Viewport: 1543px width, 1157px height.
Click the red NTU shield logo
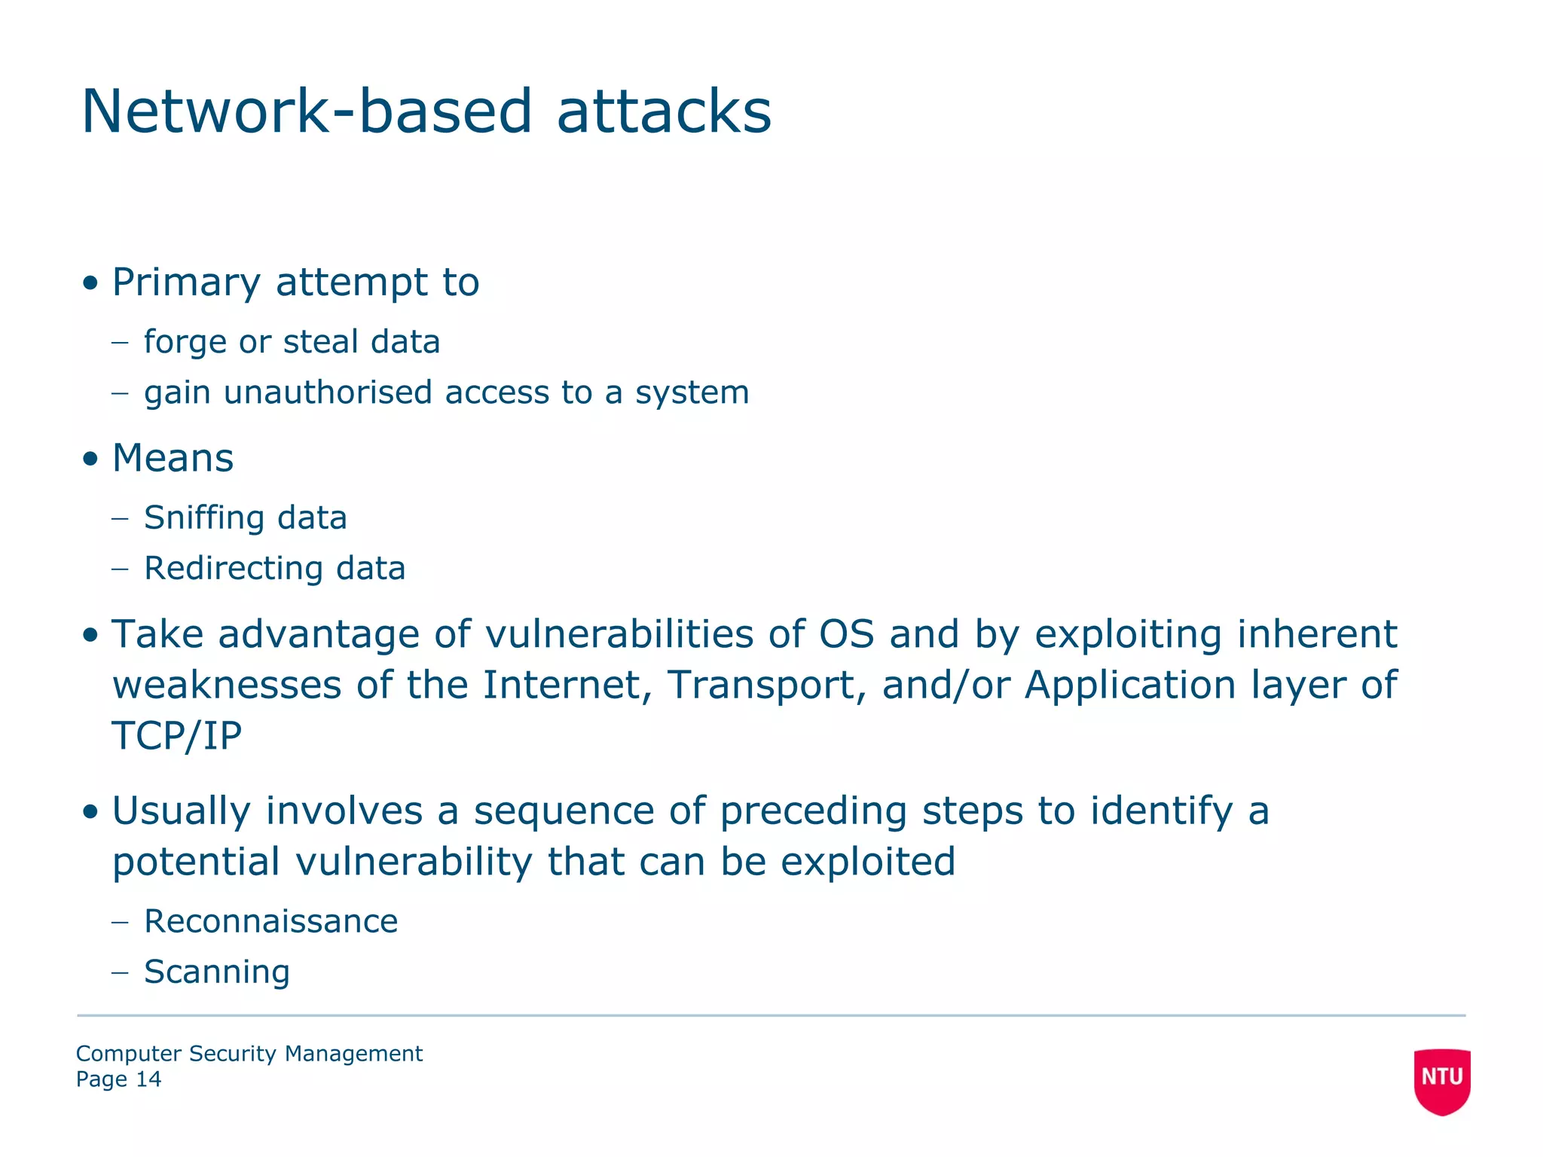(x=1441, y=1079)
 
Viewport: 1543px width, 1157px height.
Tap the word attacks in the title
(x=664, y=111)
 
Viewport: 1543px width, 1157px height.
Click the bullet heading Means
(x=173, y=458)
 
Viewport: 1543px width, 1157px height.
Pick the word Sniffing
(x=203, y=518)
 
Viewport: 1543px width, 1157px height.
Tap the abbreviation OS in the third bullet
(x=846, y=634)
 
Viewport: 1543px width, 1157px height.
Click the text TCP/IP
(x=177, y=736)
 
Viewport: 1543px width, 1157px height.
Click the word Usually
(x=181, y=812)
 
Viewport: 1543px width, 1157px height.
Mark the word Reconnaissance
(x=270, y=922)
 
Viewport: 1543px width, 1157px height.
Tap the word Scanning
(x=216, y=972)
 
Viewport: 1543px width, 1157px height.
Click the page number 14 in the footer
(x=148, y=1079)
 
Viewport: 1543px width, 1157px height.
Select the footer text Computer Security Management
(x=249, y=1054)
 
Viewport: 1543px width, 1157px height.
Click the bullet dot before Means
(x=90, y=459)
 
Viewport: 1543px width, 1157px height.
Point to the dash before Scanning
(x=120, y=972)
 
